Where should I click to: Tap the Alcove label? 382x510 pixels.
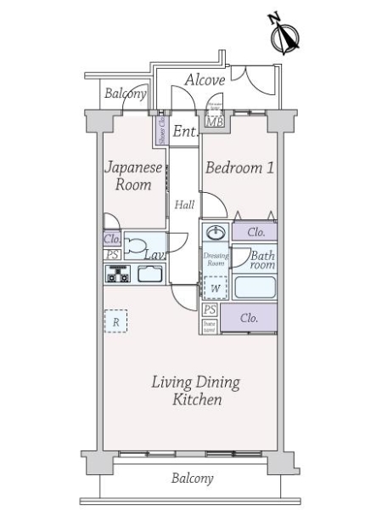coord(205,81)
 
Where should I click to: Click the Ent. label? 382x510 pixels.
coord(185,132)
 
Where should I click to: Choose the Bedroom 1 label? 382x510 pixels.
coord(239,168)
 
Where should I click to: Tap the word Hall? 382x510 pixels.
coord(184,205)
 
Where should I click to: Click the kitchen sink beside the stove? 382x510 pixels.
coord(149,275)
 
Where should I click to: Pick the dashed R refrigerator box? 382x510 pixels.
coord(115,321)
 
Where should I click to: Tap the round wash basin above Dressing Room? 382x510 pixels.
coord(215,232)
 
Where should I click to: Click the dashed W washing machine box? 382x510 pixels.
coord(215,288)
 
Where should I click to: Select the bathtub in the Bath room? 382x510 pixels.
coord(254,286)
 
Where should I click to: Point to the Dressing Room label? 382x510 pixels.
coord(214,258)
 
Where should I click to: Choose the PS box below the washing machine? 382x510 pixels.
coord(208,310)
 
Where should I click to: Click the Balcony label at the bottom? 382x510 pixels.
coord(192,479)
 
